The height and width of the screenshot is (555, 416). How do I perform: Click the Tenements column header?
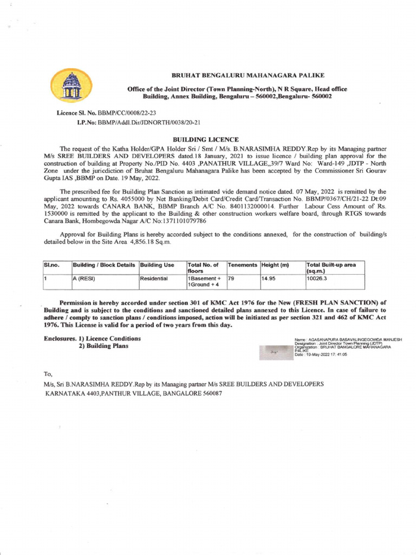point(242,264)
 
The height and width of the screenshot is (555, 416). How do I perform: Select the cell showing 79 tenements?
point(232,277)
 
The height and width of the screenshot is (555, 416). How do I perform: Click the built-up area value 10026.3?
point(317,277)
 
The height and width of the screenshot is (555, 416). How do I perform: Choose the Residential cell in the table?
point(154,277)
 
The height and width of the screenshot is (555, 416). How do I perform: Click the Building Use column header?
point(157,264)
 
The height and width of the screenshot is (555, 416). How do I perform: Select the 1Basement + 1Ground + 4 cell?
point(204,281)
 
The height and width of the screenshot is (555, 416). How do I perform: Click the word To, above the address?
point(48,375)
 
